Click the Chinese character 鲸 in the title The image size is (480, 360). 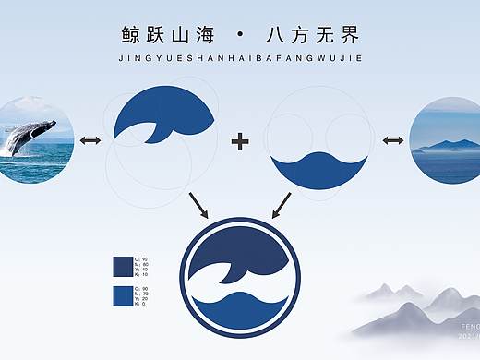pyautogui.click(x=132, y=36)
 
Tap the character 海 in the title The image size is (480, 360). pyautogui.click(x=205, y=36)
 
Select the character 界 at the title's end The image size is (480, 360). pyautogui.click(x=348, y=36)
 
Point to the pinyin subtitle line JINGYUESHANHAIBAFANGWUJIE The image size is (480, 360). pyautogui.click(x=240, y=57)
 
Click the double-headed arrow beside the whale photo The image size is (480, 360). pyautogui.click(x=90, y=140)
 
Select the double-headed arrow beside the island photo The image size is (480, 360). pyautogui.click(x=393, y=140)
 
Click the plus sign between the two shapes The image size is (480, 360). pyautogui.click(x=240, y=141)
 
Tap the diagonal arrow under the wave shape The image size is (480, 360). pyautogui.click(x=282, y=204)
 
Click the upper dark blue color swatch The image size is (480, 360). pyautogui.click(x=122, y=266)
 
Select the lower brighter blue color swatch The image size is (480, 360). pyautogui.click(x=122, y=295)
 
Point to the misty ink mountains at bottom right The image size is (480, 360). pyautogui.click(x=415, y=309)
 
